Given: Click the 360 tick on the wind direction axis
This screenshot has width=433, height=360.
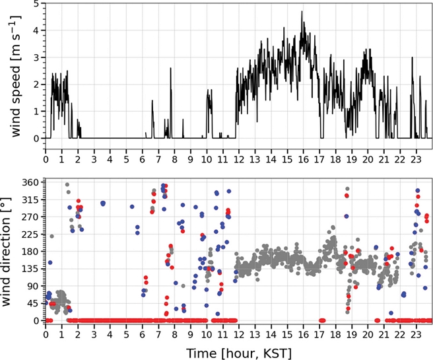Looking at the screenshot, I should click(30, 182).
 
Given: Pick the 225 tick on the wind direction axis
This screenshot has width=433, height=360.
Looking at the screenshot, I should click(30, 234).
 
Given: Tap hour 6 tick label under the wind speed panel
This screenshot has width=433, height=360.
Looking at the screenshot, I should click(143, 159).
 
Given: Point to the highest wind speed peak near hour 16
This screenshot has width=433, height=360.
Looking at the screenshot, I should click(302, 11).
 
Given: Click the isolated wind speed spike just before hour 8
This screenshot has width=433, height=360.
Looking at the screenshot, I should click(170, 69).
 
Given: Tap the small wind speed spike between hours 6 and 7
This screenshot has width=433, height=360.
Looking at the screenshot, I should click(152, 101).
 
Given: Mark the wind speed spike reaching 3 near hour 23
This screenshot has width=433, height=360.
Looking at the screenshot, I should click(413, 57).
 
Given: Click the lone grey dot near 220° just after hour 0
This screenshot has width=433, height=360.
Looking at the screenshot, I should click(51, 236).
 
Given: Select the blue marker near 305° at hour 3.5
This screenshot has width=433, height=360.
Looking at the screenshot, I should click(102, 203).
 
